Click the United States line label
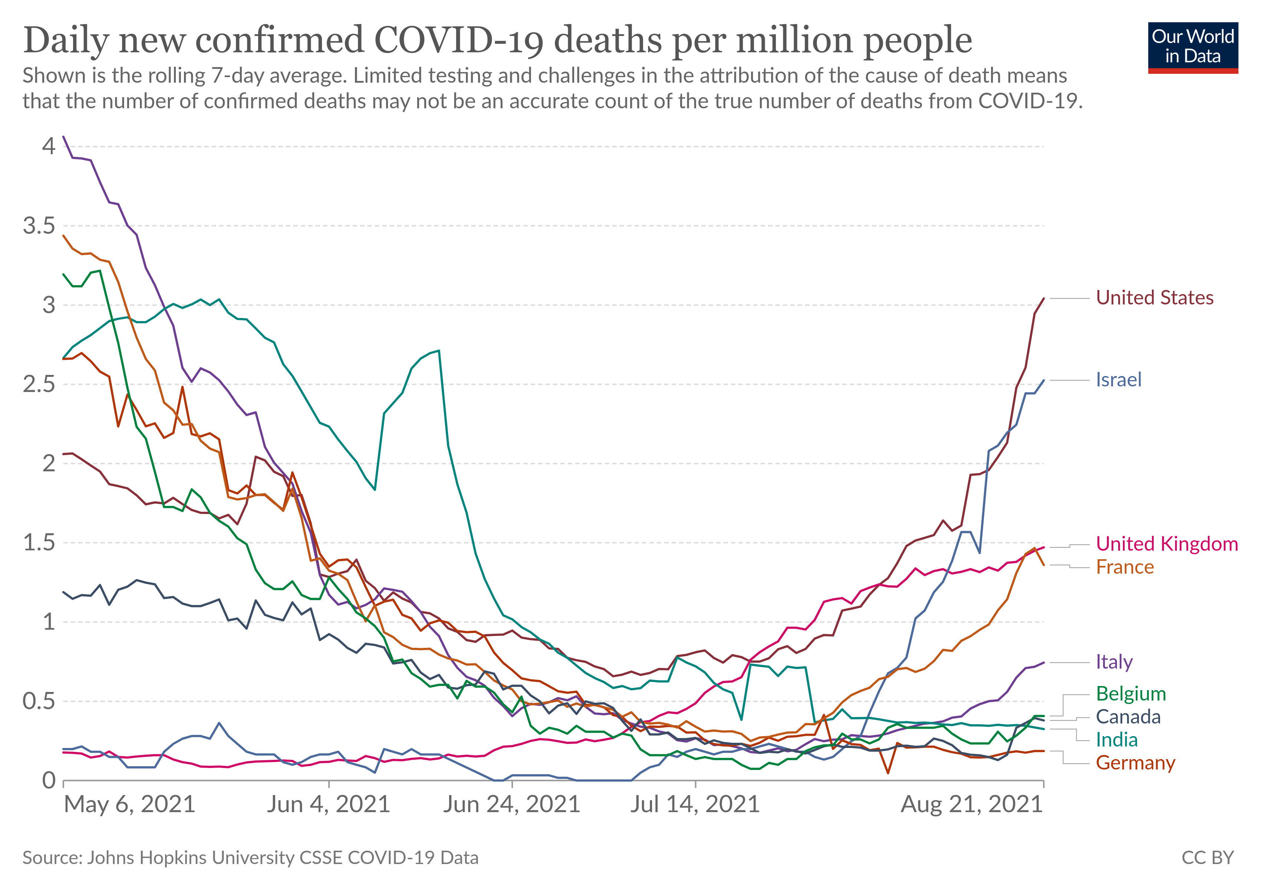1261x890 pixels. coord(1155,297)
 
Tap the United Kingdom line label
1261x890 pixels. coord(1166,544)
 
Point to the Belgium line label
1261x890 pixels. coord(1130,693)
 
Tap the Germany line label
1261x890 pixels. coord(1135,763)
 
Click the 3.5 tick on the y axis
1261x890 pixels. coord(39,226)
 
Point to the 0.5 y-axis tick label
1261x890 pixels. coord(39,701)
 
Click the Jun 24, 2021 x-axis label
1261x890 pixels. coord(512,804)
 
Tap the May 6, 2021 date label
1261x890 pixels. coord(129,804)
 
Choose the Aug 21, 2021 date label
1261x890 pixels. coord(972,804)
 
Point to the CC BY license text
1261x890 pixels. coord(1207,858)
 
